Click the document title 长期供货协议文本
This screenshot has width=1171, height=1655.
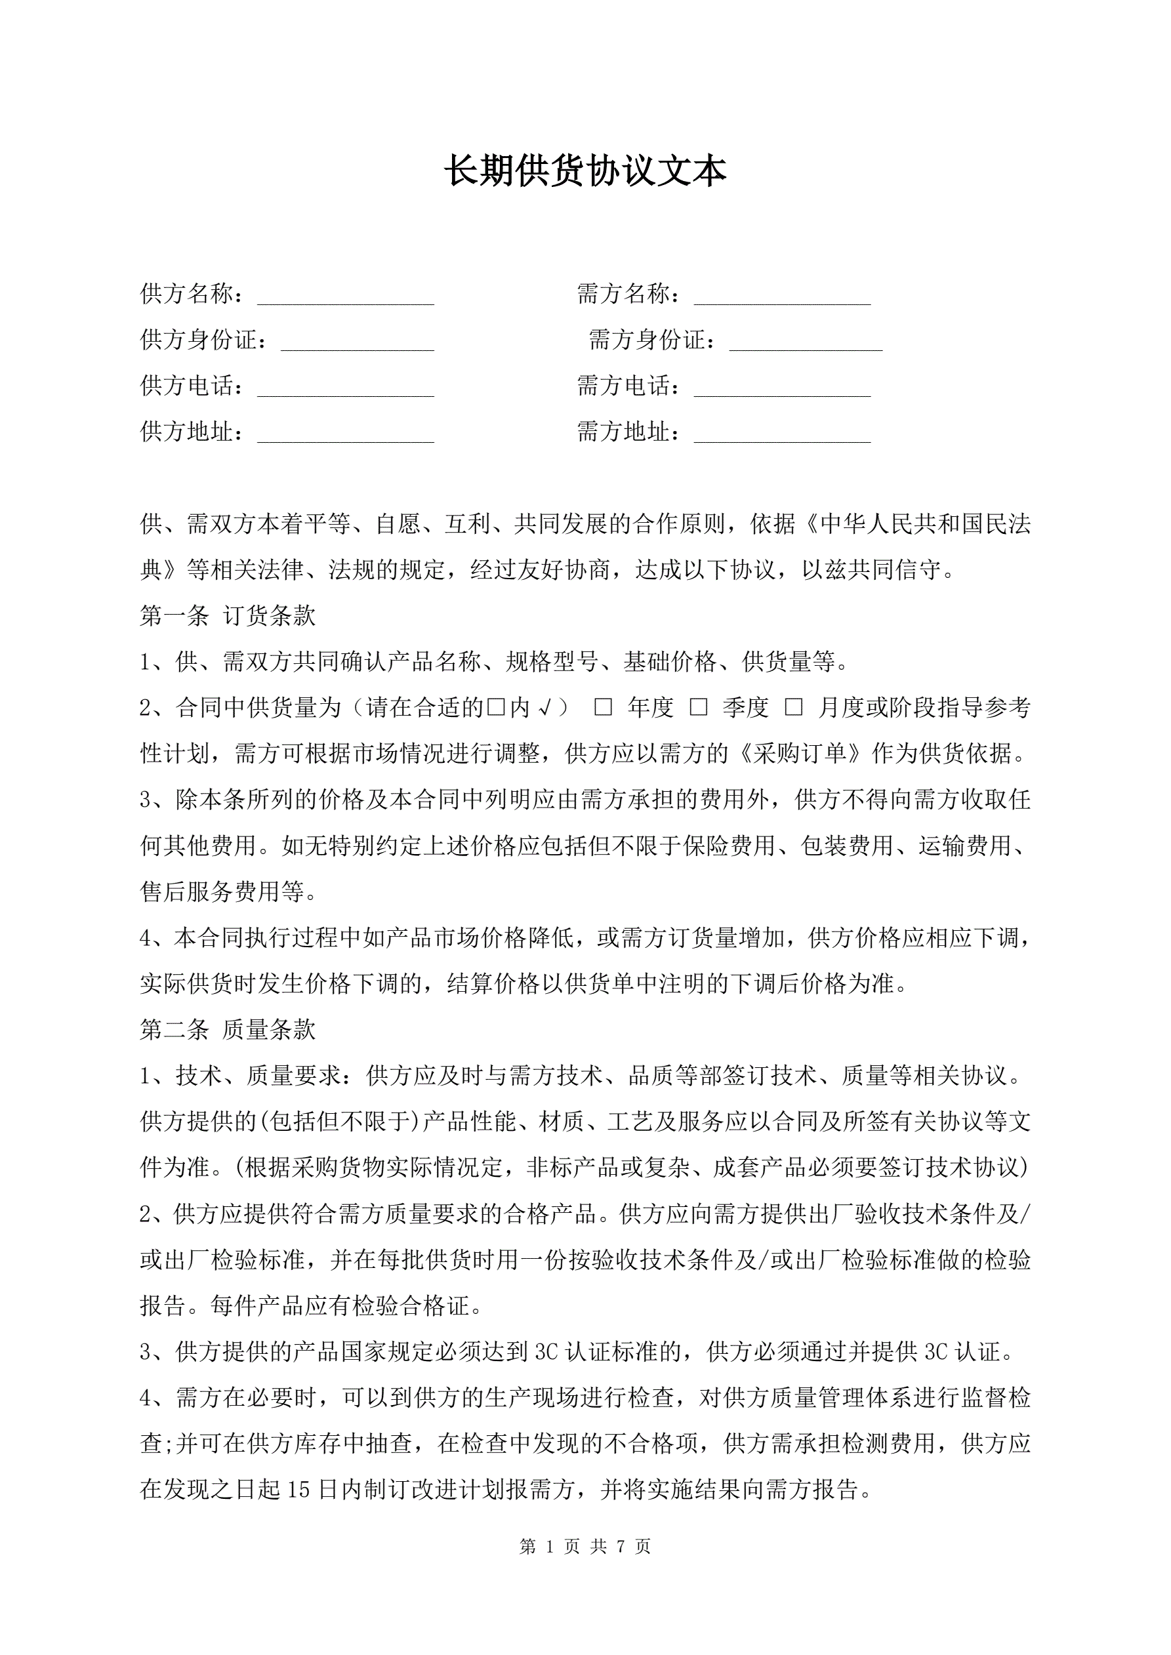point(585,172)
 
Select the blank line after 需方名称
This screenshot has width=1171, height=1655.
point(783,296)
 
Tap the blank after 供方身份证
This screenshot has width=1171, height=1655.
point(357,342)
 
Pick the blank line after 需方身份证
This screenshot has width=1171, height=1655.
point(806,342)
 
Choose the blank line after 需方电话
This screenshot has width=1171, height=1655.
point(783,388)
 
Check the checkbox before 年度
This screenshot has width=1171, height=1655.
point(603,708)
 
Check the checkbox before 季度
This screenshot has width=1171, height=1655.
point(698,708)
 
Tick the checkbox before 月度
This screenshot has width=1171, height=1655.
point(793,708)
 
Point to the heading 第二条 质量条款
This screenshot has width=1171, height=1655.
point(228,1029)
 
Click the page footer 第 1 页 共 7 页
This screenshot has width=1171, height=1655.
point(585,1546)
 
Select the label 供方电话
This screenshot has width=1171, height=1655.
point(188,386)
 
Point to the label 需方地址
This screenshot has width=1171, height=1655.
point(624,432)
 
